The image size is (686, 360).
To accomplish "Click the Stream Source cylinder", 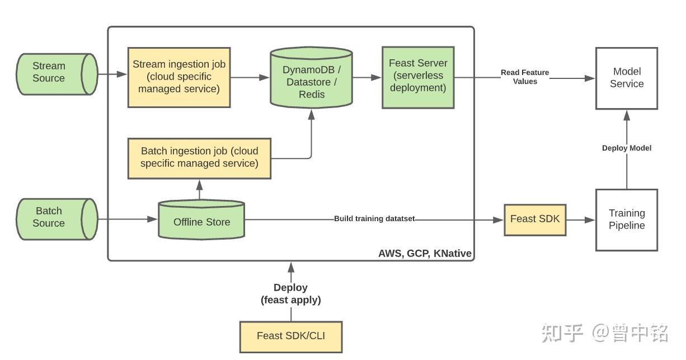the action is tap(57, 74).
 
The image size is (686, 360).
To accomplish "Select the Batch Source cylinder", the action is tap(57, 219).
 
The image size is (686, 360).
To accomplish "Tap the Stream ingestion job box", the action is tap(179, 77).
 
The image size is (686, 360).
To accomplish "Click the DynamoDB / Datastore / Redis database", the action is tap(311, 78).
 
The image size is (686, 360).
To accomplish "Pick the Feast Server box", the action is tap(418, 77).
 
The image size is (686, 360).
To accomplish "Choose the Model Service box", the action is tap(627, 78).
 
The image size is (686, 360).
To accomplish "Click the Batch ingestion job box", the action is tap(199, 158).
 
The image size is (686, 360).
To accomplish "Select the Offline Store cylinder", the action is tap(201, 219).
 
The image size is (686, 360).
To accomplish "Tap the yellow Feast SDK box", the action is tap(535, 219).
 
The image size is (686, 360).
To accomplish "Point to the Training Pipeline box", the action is tap(627, 219).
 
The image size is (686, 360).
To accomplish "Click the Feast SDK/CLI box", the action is tap(291, 336).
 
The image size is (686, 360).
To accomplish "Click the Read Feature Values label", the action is tap(525, 77).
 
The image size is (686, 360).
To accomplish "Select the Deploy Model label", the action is tap(627, 148).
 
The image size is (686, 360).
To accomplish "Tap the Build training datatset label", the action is tap(374, 218).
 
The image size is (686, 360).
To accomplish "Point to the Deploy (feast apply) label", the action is tap(290, 293).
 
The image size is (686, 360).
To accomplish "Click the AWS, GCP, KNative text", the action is tap(425, 254).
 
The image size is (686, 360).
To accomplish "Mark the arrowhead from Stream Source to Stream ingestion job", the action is tap(121, 74).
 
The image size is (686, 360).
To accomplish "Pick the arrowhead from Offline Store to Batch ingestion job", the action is tap(199, 185).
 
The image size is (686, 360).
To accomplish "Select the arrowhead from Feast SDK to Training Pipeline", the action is tap(590, 219).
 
